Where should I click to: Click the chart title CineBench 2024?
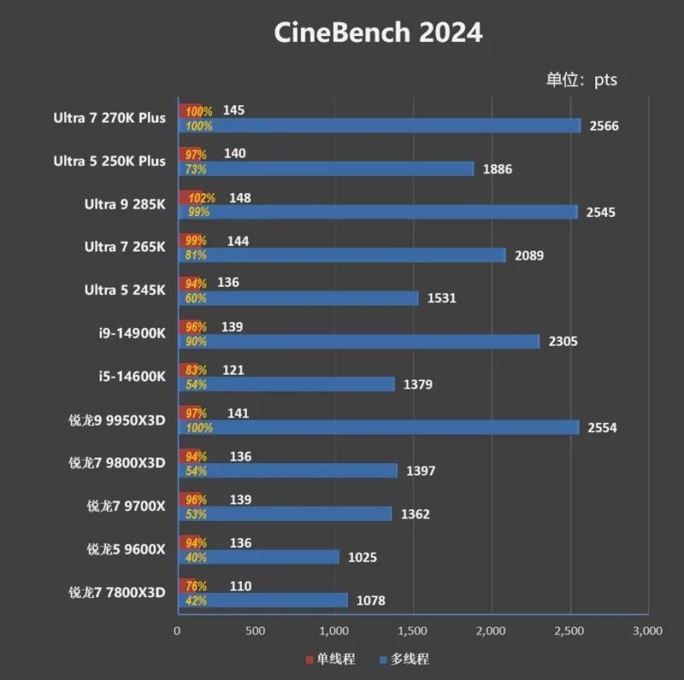point(378,32)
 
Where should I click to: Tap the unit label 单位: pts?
point(581,80)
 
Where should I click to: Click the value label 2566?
point(603,126)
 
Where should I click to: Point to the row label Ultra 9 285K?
point(125,204)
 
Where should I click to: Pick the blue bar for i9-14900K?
point(358,342)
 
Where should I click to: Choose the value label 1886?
point(497,169)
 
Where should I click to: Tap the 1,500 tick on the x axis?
point(412,630)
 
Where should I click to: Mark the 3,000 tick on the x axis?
point(646,630)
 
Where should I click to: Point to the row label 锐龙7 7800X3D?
point(116,592)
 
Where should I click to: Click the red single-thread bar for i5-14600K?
point(189,370)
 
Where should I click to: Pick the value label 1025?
point(362,558)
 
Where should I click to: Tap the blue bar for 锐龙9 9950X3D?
point(378,428)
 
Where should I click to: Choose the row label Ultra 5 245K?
point(125,290)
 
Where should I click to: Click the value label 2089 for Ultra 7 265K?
point(528,255)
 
